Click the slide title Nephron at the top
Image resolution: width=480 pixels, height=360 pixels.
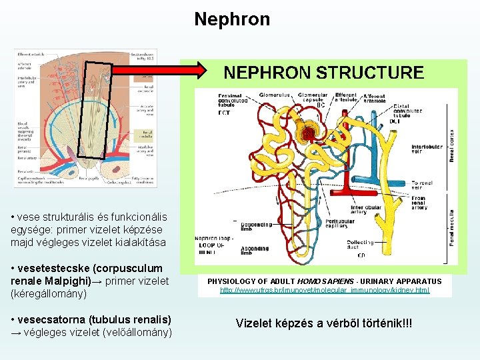(x=232, y=19)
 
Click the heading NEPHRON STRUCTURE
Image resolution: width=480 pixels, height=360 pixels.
(x=323, y=73)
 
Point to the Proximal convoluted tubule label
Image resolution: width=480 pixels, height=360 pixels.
(x=233, y=101)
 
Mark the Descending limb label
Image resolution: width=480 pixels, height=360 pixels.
(x=253, y=227)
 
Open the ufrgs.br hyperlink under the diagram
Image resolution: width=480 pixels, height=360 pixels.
(x=325, y=290)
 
